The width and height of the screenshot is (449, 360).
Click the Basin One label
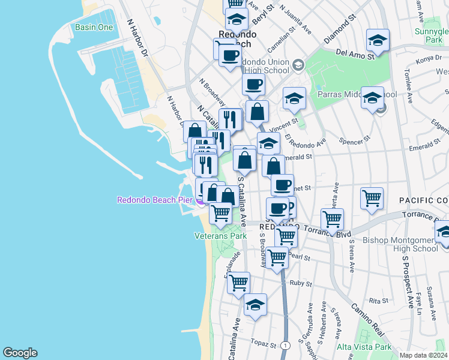pos(94,27)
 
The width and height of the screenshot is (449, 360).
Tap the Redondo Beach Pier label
pos(155,200)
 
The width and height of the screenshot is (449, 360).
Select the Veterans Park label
pos(220,236)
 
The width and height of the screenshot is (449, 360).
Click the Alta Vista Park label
pos(364,347)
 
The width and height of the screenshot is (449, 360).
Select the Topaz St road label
pos(264,346)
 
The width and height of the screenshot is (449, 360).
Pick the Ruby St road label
pos(300,283)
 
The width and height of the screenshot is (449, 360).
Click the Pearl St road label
pos(299,257)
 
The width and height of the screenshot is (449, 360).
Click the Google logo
pos(20,353)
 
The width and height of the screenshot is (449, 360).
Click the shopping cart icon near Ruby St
pos(239,281)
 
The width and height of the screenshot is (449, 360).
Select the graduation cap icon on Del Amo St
pos(378,40)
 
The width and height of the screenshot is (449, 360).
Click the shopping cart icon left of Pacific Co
pos(372,197)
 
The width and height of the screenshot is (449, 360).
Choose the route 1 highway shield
pos(286,346)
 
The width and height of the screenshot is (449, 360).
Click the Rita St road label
pos(376,301)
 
